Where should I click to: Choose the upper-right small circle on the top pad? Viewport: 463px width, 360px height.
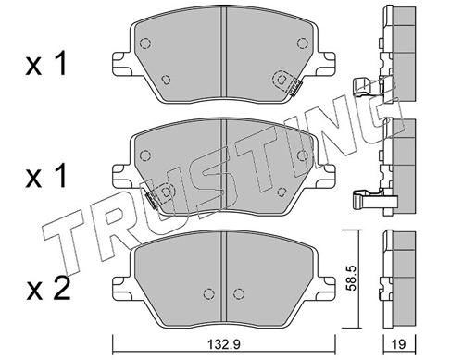[x=299, y=42]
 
